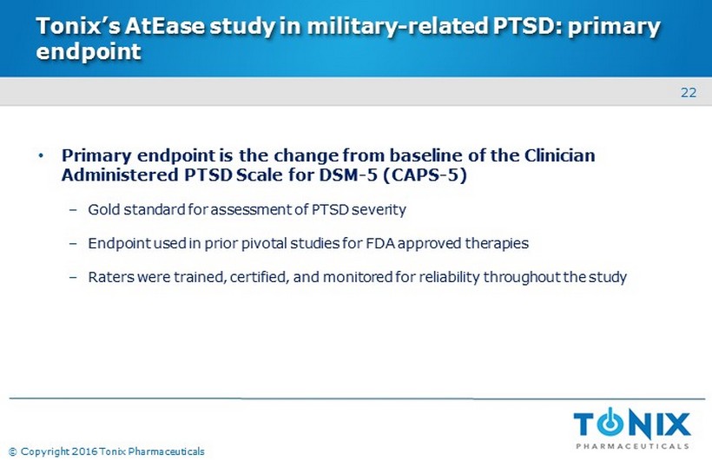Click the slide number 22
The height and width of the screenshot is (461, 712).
point(689,93)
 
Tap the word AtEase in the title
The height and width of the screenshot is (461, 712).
point(165,26)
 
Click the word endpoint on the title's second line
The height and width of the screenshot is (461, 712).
point(89,52)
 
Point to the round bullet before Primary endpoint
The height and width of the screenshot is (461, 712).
point(42,155)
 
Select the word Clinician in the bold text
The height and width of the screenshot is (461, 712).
point(560,155)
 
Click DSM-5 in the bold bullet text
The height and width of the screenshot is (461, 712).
point(348,175)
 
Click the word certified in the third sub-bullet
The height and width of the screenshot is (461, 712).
point(260,277)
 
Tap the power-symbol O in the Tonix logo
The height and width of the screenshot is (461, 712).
point(610,423)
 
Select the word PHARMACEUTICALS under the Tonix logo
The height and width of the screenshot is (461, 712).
point(632,446)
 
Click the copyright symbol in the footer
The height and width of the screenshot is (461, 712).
point(13,451)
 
